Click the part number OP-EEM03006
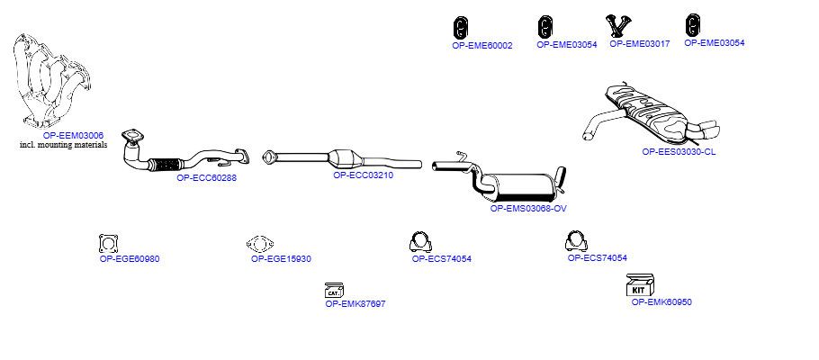pos(73,135)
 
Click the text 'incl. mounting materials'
pos(63,145)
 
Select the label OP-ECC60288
pos(206,177)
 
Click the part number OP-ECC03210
pos(363,175)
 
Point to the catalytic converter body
pos(345,157)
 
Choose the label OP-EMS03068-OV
pos(528,209)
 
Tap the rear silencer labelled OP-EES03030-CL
pos(652,113)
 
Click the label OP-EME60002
pos(482,46)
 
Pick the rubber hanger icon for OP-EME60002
pos(460,28)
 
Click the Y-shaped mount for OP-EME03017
pos(619,26)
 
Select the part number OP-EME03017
pos(639,44)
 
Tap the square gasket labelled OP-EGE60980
pos(108,244)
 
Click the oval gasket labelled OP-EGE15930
pos(260,244)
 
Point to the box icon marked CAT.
pos(334,291)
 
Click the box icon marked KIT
pos(640,285)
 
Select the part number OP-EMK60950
pos(661,302)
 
